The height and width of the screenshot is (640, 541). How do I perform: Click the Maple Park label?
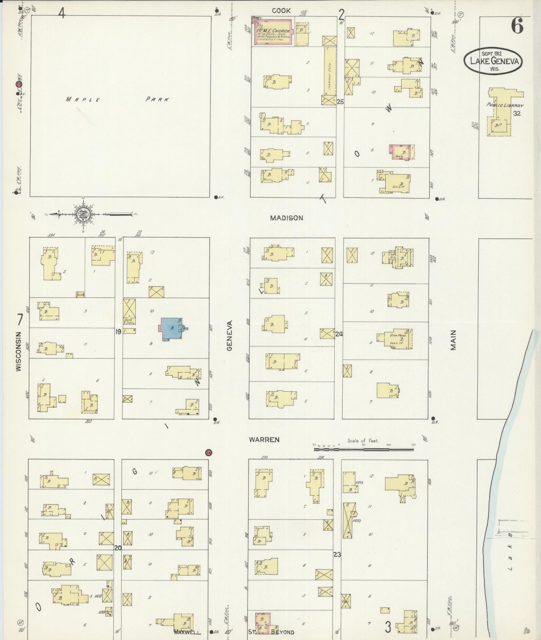point(117,99)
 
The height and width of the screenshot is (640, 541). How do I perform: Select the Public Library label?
point(505,105)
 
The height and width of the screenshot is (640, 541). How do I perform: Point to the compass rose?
point(82,214)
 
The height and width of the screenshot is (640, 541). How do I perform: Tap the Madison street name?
point(286,218)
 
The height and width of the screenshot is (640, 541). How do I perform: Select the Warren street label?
point(264,439)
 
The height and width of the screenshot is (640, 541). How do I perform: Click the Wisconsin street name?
point(19,351)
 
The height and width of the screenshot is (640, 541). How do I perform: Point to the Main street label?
point(453,340)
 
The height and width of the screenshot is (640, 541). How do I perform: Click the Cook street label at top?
point(281,11)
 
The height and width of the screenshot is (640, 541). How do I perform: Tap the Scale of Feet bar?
point(364,449)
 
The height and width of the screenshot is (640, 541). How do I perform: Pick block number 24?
point(339,334)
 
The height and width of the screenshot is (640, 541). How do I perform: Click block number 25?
point(340,101)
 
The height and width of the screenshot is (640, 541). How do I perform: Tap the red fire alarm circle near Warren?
point(209,452)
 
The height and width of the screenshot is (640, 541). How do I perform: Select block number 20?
point(118,548)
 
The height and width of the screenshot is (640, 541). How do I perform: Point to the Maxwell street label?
point(188,632)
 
